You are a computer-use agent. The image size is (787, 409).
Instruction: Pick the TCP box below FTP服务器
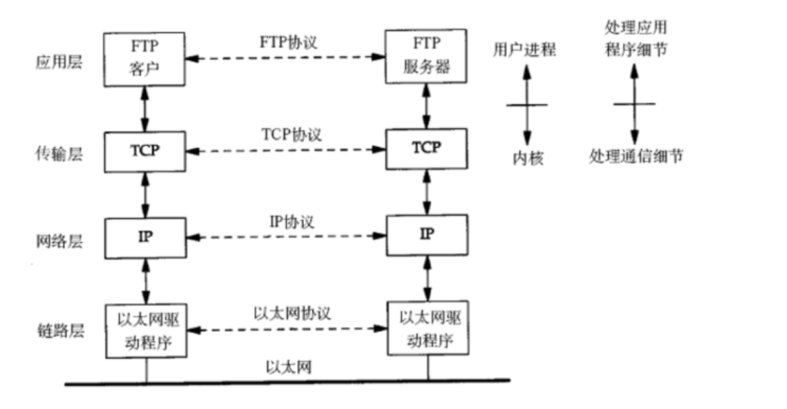pos(426,148)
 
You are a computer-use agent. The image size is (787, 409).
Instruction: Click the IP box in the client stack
pos(145,237)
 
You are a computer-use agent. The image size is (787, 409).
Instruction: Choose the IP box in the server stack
pos(426,234)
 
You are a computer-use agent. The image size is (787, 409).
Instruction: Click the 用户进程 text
pos(524,49)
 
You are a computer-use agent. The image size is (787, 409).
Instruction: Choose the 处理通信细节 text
pos(635,156)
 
